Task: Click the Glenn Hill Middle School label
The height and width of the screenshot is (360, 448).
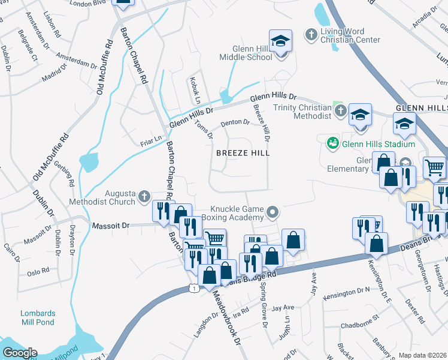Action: click(252, 53)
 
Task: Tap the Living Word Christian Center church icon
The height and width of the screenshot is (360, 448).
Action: click(311, 35)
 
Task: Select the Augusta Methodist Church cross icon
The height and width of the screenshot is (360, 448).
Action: click(144, 196)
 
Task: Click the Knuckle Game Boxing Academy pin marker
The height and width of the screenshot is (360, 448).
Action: click(273, 212)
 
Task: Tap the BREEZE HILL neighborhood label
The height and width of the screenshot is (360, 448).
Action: click(243, 153)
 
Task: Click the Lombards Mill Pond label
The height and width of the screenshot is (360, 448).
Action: click(38, 317)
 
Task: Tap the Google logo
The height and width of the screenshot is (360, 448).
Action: click(20, 353)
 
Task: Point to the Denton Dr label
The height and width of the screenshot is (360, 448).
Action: click(235, 122)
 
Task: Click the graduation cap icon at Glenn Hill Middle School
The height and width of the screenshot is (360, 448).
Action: click(280, 41)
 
